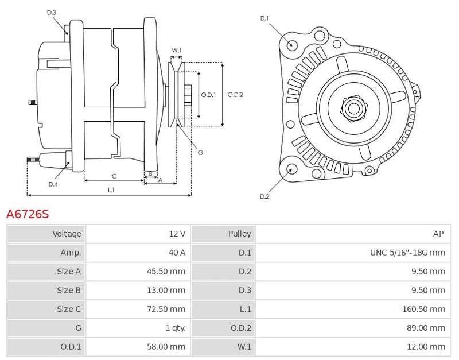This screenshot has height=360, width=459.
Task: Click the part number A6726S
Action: [x=28, y=214]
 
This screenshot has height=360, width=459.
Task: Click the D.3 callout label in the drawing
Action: [x=52, y=12]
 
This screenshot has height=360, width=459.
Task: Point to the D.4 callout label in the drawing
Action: [x=53, y=184]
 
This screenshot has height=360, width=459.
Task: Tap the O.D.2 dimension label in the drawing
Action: [x=235, y=95]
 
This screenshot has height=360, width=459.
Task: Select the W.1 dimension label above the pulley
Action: [x=177, y=51]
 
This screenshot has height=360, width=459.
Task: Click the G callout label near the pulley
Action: [x=200, y=152]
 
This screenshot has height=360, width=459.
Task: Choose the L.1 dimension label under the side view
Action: [x=111, y=189]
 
